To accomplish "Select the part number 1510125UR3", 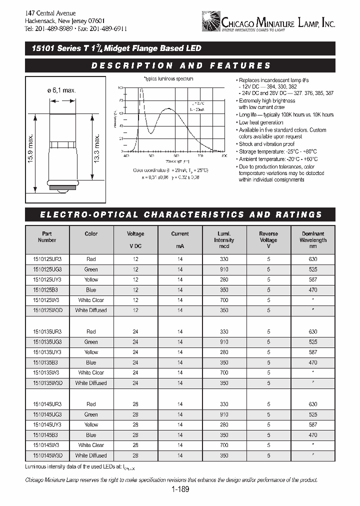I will [47, 259].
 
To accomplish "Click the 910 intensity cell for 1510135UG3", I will [224, 342].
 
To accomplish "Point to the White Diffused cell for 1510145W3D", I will [91, 455].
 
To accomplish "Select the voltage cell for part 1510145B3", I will [135, 435].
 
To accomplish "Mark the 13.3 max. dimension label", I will [97, 145].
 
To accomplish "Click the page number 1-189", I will [179, 490].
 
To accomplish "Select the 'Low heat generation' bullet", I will [261, 122].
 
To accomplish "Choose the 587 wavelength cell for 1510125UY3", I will [313, 279].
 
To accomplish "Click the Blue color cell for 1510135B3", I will [91, 362].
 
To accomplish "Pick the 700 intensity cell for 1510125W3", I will [224, 300].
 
